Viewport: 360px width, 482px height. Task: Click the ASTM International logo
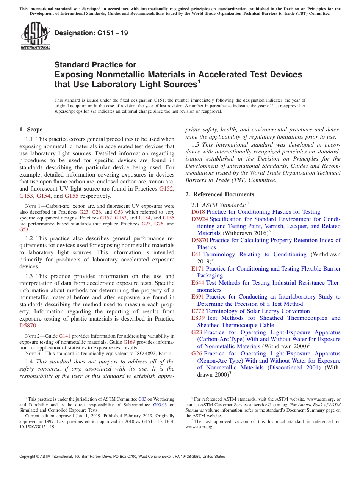point(35,36)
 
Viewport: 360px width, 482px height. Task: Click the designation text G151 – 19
point(91,33)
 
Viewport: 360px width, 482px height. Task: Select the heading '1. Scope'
point(31,130)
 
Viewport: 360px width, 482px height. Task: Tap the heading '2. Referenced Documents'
point(220,194)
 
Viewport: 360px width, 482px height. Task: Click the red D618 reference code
point(198,212)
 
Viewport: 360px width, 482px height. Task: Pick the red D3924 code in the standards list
point(200,219)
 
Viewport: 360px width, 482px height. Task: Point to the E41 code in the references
point(196,254)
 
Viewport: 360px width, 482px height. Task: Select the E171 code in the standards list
point(198,269)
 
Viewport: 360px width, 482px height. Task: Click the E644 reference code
point(198,283)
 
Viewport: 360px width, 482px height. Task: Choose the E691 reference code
point(198,297)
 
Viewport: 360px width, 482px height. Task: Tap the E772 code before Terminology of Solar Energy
point(198,311)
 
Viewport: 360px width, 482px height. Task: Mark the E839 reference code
point(198,318)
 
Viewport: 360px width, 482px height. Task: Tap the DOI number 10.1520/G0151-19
point(34,427)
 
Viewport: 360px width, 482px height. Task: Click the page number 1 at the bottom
point(180,466)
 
